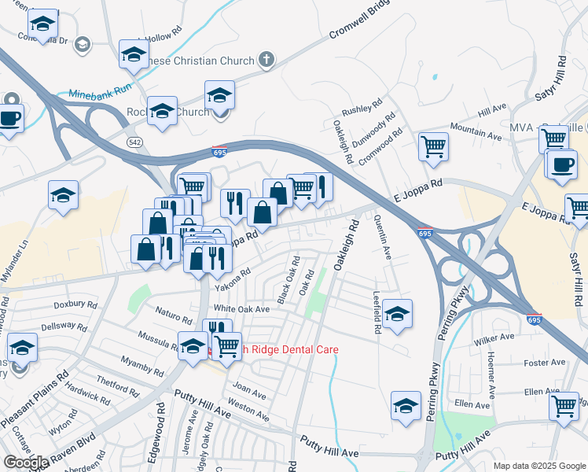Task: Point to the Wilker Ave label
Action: click(494, 339)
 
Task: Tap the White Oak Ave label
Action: click(241, 309)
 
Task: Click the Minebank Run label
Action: click(99, 93)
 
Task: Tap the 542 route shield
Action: click(134, 141)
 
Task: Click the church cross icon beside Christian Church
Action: click(266, 60)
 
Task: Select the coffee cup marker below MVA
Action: click(561, 166)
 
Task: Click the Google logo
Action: click(26, 463)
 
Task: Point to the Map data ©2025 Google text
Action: click(538, 466)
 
